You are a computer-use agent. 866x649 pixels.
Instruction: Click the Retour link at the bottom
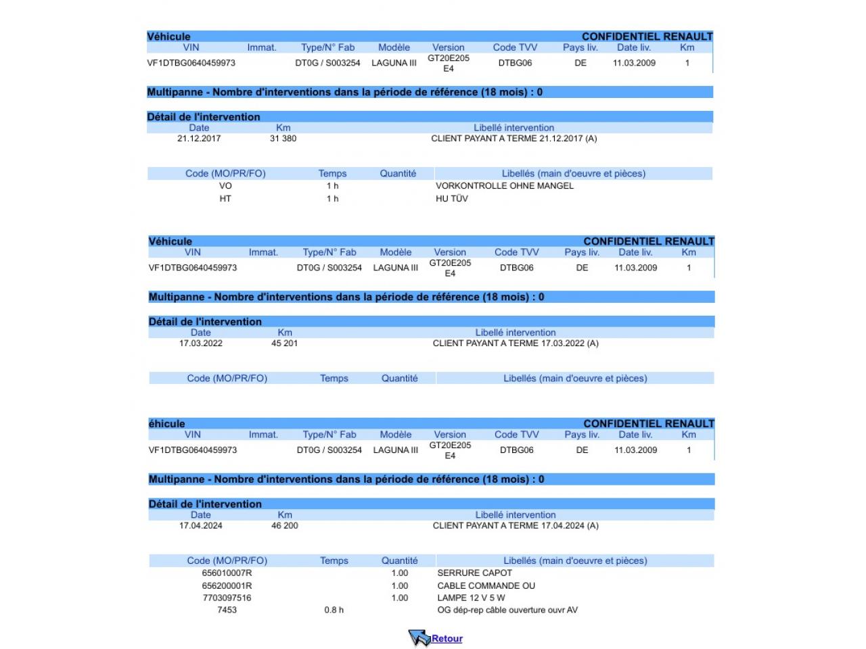447,638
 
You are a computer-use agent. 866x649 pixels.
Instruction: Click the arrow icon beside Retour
419,638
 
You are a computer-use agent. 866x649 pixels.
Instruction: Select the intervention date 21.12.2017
199,139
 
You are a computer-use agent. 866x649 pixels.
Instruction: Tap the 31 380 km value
283,139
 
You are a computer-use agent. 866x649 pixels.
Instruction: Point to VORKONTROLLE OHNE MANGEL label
504,186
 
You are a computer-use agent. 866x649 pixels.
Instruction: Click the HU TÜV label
451,199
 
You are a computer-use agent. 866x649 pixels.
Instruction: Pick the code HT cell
225,199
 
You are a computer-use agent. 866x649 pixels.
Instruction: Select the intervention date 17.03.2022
201,343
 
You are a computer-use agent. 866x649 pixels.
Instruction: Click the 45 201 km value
284,343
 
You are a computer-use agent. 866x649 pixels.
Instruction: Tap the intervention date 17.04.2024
201,526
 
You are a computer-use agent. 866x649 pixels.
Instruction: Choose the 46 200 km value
284,526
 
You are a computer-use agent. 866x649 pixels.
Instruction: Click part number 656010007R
227,573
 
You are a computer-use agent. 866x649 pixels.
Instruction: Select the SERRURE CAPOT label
474,573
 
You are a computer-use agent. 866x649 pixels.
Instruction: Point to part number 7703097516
227,598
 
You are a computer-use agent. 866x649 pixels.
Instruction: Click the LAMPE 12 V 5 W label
471,598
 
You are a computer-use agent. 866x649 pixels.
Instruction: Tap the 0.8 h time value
334,610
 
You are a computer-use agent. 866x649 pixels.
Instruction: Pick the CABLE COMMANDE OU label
486,586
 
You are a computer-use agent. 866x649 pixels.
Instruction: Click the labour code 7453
227,610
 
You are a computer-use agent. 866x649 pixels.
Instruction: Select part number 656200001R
227,586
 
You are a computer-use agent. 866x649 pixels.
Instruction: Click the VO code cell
225,186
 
